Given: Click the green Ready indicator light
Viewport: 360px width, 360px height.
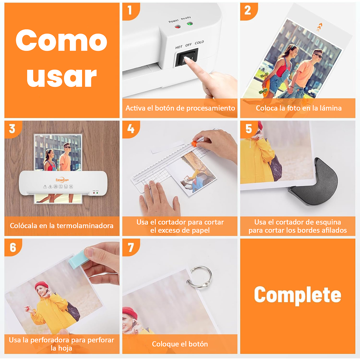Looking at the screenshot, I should tap(189, 24).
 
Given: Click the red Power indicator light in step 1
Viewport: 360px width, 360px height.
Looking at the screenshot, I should tap(177, 27).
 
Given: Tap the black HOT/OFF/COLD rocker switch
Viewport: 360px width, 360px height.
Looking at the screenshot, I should tap(187, 57).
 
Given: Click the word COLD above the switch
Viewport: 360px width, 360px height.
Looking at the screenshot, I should tap(199, 43).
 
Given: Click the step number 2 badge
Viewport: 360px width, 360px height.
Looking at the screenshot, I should tap(248, 10).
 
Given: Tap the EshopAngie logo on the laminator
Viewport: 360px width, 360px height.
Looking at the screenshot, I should tap(62, 180).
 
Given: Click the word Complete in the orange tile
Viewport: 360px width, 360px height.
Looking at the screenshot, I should tap(297, 295).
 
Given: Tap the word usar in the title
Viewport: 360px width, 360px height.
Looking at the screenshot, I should tap(62, 77).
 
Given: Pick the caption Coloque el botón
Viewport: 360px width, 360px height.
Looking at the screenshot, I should tap(180, 344).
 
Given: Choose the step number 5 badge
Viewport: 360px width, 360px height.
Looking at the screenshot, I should tap(249, 129).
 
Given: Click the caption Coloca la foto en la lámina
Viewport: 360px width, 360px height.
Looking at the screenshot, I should tap(298, 108).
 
